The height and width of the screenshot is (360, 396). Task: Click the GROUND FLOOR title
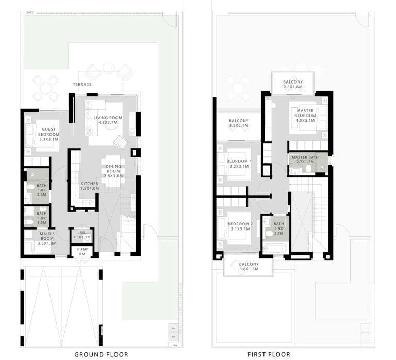pos(101,354)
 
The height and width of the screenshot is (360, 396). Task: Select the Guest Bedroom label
pos(49,133)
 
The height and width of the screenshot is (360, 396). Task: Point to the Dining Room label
pos(114,170)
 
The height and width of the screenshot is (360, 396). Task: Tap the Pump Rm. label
pos(82,251)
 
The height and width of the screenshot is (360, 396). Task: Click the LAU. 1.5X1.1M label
pos(82,235)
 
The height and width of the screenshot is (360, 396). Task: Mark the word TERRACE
pos(82,84)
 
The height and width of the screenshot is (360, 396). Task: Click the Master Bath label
pos(305,160)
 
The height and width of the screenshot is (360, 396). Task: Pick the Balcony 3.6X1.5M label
pos(249,266)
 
